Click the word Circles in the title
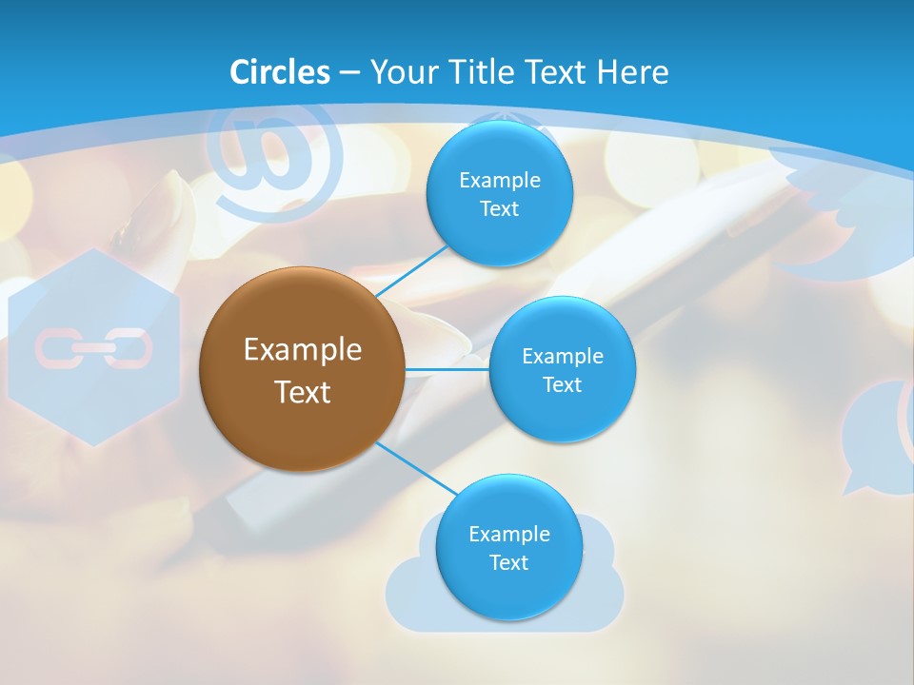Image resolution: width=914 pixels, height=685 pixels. [x=280, y=72]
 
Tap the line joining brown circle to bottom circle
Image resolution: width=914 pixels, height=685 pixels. [x=417, y=467]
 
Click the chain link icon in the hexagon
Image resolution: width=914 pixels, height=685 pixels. [x=93, y=349]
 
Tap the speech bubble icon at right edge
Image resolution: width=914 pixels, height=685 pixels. [x=876, y=438]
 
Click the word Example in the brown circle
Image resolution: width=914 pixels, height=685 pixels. [x=302, y=349]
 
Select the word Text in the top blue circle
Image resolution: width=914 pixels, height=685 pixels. [x=499, y=209]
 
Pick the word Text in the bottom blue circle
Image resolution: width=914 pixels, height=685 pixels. [x=508, y=563]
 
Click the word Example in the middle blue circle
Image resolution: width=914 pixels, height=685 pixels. [x=562, y=356]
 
